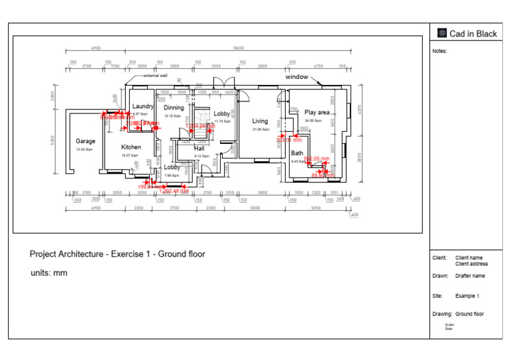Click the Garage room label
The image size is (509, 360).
tap(85, 141)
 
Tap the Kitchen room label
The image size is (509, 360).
tap(131, 147)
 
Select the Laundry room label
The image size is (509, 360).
tap(142, 106)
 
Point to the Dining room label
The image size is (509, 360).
tap(174, 108)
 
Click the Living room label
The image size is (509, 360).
tap(260, 121)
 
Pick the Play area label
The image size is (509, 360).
tap(317, 113)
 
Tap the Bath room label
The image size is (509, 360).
tap(297, 153)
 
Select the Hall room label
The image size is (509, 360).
tap(199, 149)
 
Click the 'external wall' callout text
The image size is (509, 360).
tap(155, 76)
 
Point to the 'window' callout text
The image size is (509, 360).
tap(296, 77)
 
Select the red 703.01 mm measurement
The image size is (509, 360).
tap(289, 140)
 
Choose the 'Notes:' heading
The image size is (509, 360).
tap(439, 50)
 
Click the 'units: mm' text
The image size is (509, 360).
tap(48, 273)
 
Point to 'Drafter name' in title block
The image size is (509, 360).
tap(470, 276)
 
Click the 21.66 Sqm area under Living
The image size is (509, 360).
tap(260, 129)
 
